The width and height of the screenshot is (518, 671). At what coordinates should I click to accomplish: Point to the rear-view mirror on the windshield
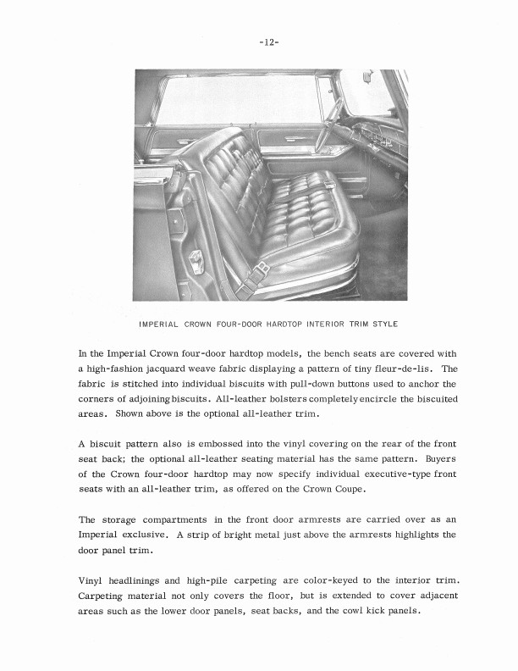pyautogui.click(x=366, y=79)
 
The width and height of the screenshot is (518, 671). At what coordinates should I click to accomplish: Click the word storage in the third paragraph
pyautogui.click(x=126, y=519)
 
